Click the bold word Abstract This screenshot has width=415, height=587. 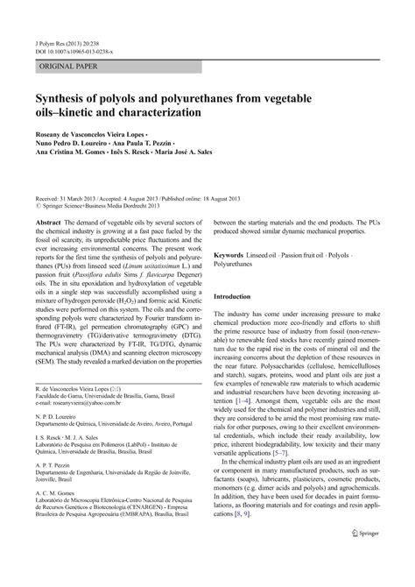[48, 223]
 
